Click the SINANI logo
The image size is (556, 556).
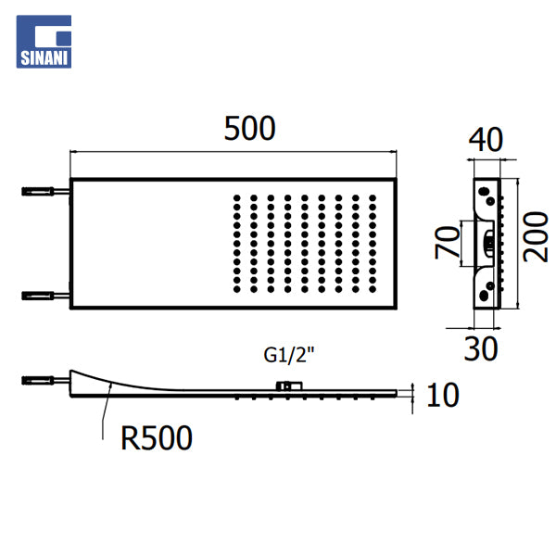tap(44, 42)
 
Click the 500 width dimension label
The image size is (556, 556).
tap(249, 128)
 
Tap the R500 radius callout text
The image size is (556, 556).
tap(157, 438)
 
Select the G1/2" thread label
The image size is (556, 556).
tap(289, 355)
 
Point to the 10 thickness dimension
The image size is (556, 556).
tap(443, 395)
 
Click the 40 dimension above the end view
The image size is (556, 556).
tap(486, 140)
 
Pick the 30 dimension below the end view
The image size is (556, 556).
tap(481, 349)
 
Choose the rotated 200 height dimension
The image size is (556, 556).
tap(536, 237)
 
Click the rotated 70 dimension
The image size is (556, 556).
tap(448, 243)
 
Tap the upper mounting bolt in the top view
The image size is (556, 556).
tap(45, 192)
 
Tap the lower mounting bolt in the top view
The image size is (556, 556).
tap(45, 296)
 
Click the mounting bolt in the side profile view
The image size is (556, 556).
tap(45, 381)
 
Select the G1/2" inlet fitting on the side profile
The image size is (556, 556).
tap(289, 386)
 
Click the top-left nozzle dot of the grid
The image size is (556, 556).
tap(237, 198)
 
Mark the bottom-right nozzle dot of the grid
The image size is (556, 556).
tap(373, 289)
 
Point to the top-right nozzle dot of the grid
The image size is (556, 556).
tap(373, 198)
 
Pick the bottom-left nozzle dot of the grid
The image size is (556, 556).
tap(237, 289)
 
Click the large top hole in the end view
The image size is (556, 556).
tap(483, 192)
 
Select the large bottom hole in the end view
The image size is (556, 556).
tap(483, 295)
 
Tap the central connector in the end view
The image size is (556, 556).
tap(488, 243)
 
